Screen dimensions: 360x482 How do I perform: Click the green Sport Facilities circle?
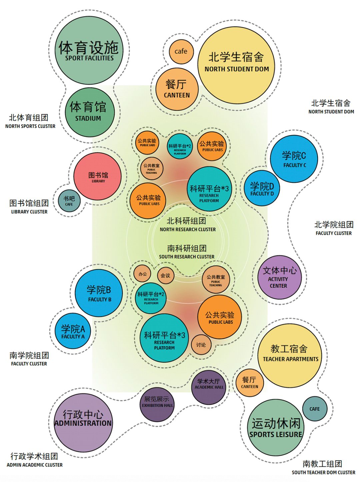click(89, 50)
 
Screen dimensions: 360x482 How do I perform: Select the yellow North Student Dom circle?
click(236, 65)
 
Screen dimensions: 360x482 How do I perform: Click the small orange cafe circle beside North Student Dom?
click(181, 52)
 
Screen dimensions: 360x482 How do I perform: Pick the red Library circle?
click(98, 176)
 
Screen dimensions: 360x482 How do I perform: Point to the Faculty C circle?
click(294, 159)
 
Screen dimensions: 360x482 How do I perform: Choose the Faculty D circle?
click(262, 188)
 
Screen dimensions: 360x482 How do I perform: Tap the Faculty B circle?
click(99, 293)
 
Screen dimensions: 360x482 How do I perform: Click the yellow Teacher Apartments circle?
click(290, 355)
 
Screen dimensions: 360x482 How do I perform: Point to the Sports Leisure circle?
click(276, 427)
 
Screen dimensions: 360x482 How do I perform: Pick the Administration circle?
click(83, 423)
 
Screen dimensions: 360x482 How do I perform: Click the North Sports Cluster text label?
click(30, 121)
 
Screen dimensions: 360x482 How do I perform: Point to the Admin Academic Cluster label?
click(34, 460)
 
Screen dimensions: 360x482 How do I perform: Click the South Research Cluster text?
click(187, 252)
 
